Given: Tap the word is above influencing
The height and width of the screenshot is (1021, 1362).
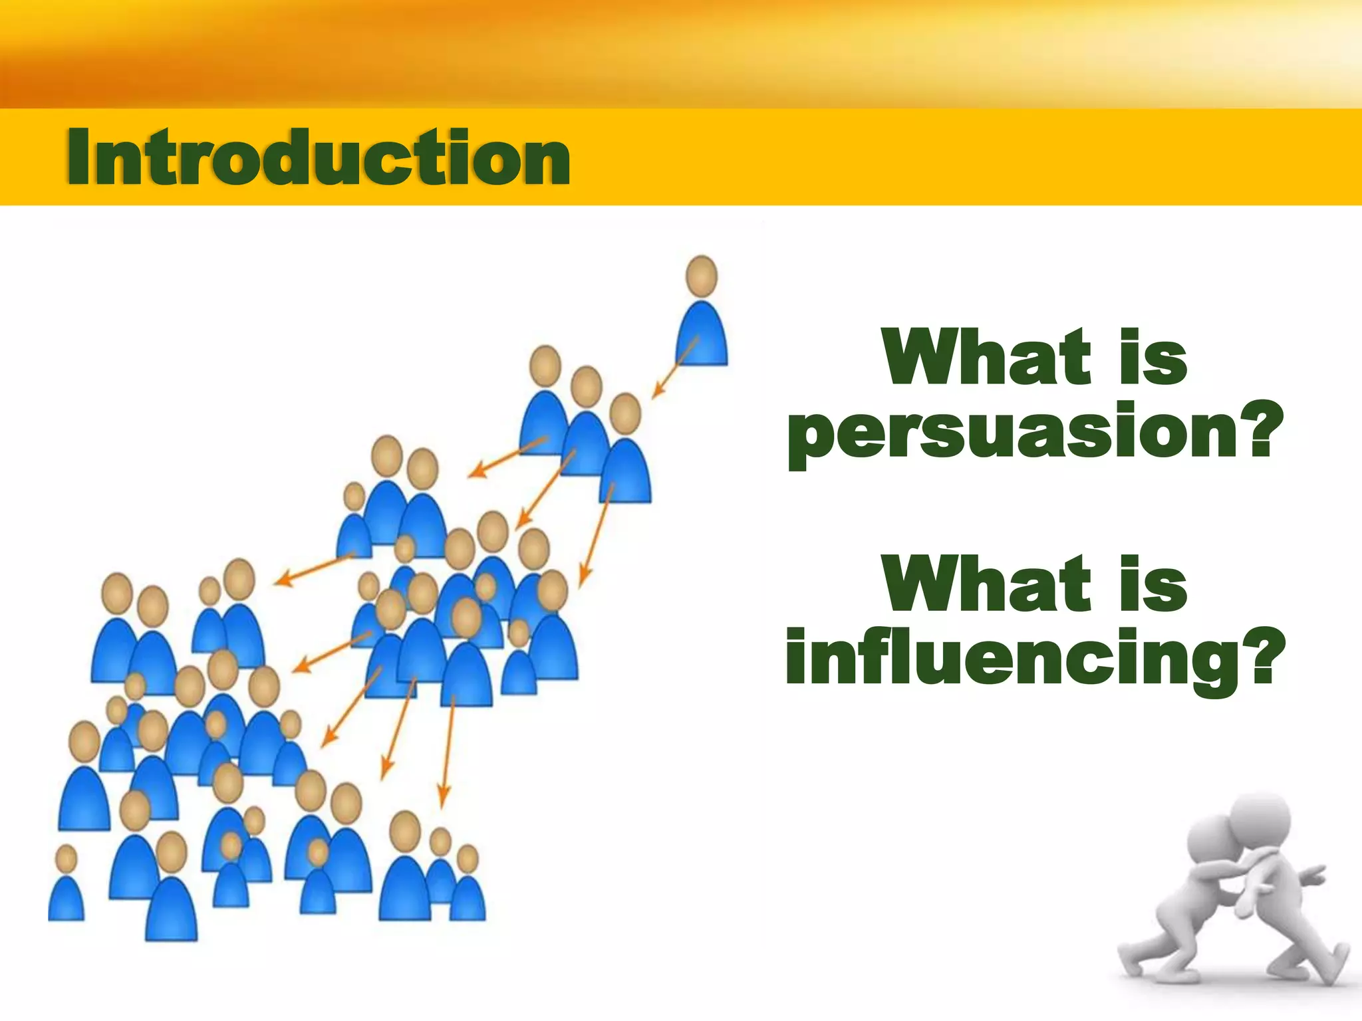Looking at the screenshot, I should pyautogui.click(x=1153, y=584).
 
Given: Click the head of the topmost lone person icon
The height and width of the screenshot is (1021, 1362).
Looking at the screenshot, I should pyautogui.click(x=702, y=276).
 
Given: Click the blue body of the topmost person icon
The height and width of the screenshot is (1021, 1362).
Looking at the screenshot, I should pyautogui.click(x=702, y=336).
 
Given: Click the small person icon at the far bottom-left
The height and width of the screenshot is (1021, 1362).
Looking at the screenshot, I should pyautogui.click(x=66, y=887).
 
